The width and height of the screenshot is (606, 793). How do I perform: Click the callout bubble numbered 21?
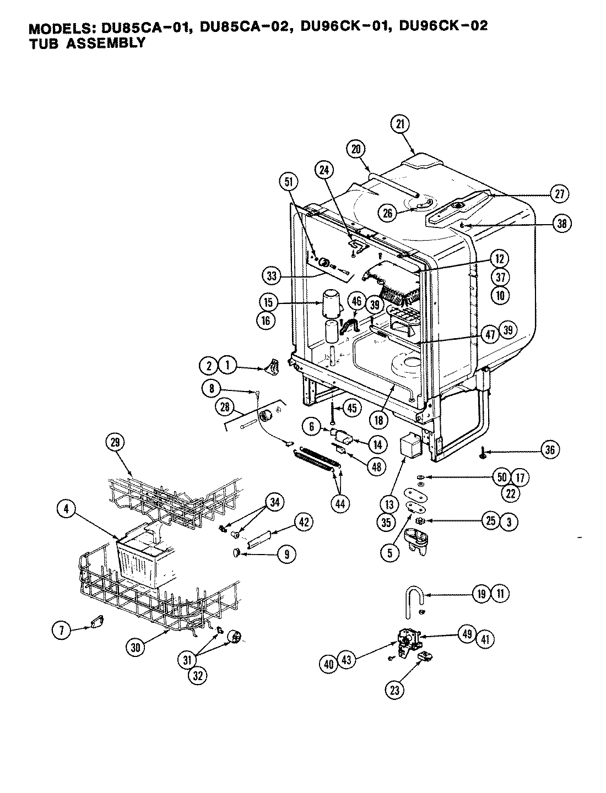[x=400, y=124]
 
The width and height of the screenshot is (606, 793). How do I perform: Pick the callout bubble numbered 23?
[x=394, y=691]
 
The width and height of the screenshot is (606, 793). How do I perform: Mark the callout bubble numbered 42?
[x=304, y=523]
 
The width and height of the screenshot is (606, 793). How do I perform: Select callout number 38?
[x=562, y=224]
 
